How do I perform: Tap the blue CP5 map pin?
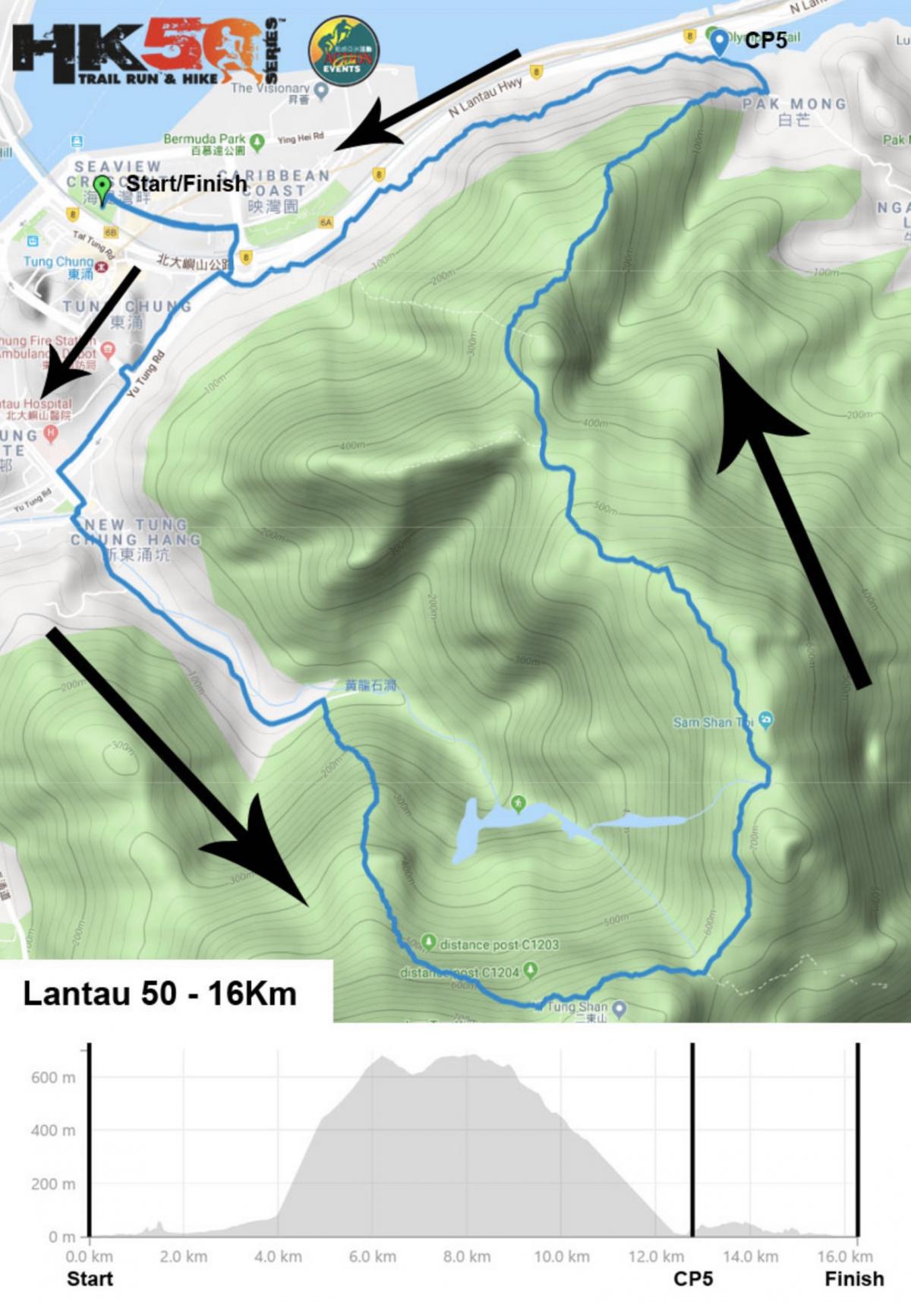(x=719, y=43)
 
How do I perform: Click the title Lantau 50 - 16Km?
(x=160, y=994)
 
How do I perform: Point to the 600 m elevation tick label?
(x=53, y=1078)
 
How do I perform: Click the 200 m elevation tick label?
(x=53, y=1184)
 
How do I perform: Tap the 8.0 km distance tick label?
(x=466, y=1257)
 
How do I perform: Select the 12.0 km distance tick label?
(x=655, y=1257)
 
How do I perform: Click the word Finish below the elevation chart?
(x=855, y=1279)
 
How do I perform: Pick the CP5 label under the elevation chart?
(x=693, y=1279)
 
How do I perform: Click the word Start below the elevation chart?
(x=90, y=1279)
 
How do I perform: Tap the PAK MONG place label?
(x=794, y=104)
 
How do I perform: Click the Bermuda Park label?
(x=205, y=139)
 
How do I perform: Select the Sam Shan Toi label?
(x=712, y=722)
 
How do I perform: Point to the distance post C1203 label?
(x=499, y=945)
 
